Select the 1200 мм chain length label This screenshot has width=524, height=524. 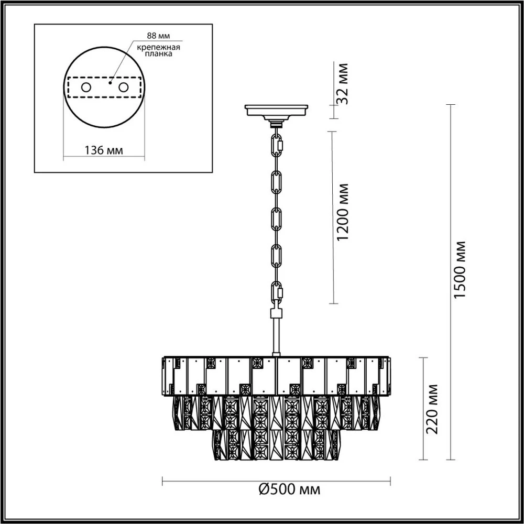tap(344, 212)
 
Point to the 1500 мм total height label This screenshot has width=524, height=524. tap(460, 270)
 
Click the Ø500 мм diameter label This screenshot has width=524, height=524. tap(289, 489)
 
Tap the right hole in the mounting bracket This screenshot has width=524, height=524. tap(123, 87)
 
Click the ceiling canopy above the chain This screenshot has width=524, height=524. tap(276, 111)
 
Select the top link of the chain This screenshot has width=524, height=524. tap(276, 143)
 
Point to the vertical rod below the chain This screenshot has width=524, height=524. tap(276, 335)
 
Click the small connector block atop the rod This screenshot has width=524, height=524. tap(276, 313)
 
